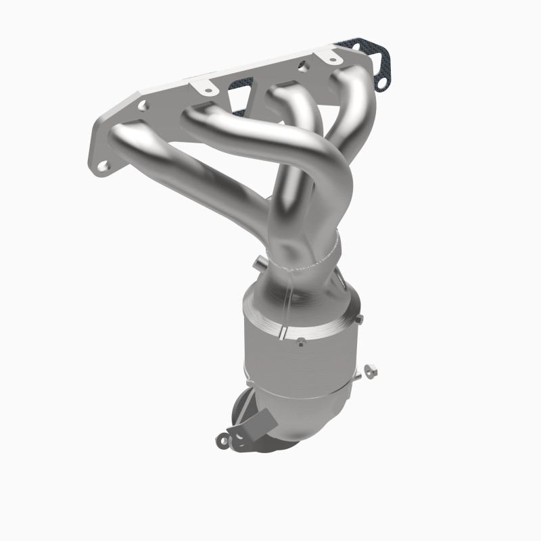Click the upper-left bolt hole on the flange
pyautogui.click(x=143, y=105)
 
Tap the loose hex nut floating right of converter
pyautogui.click(x=371, y=370)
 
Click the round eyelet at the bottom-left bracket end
pyautogui.click(x=223, y=440)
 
